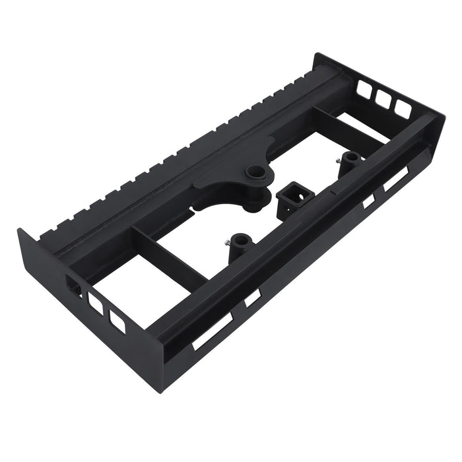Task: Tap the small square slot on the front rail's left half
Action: point(253,298)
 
